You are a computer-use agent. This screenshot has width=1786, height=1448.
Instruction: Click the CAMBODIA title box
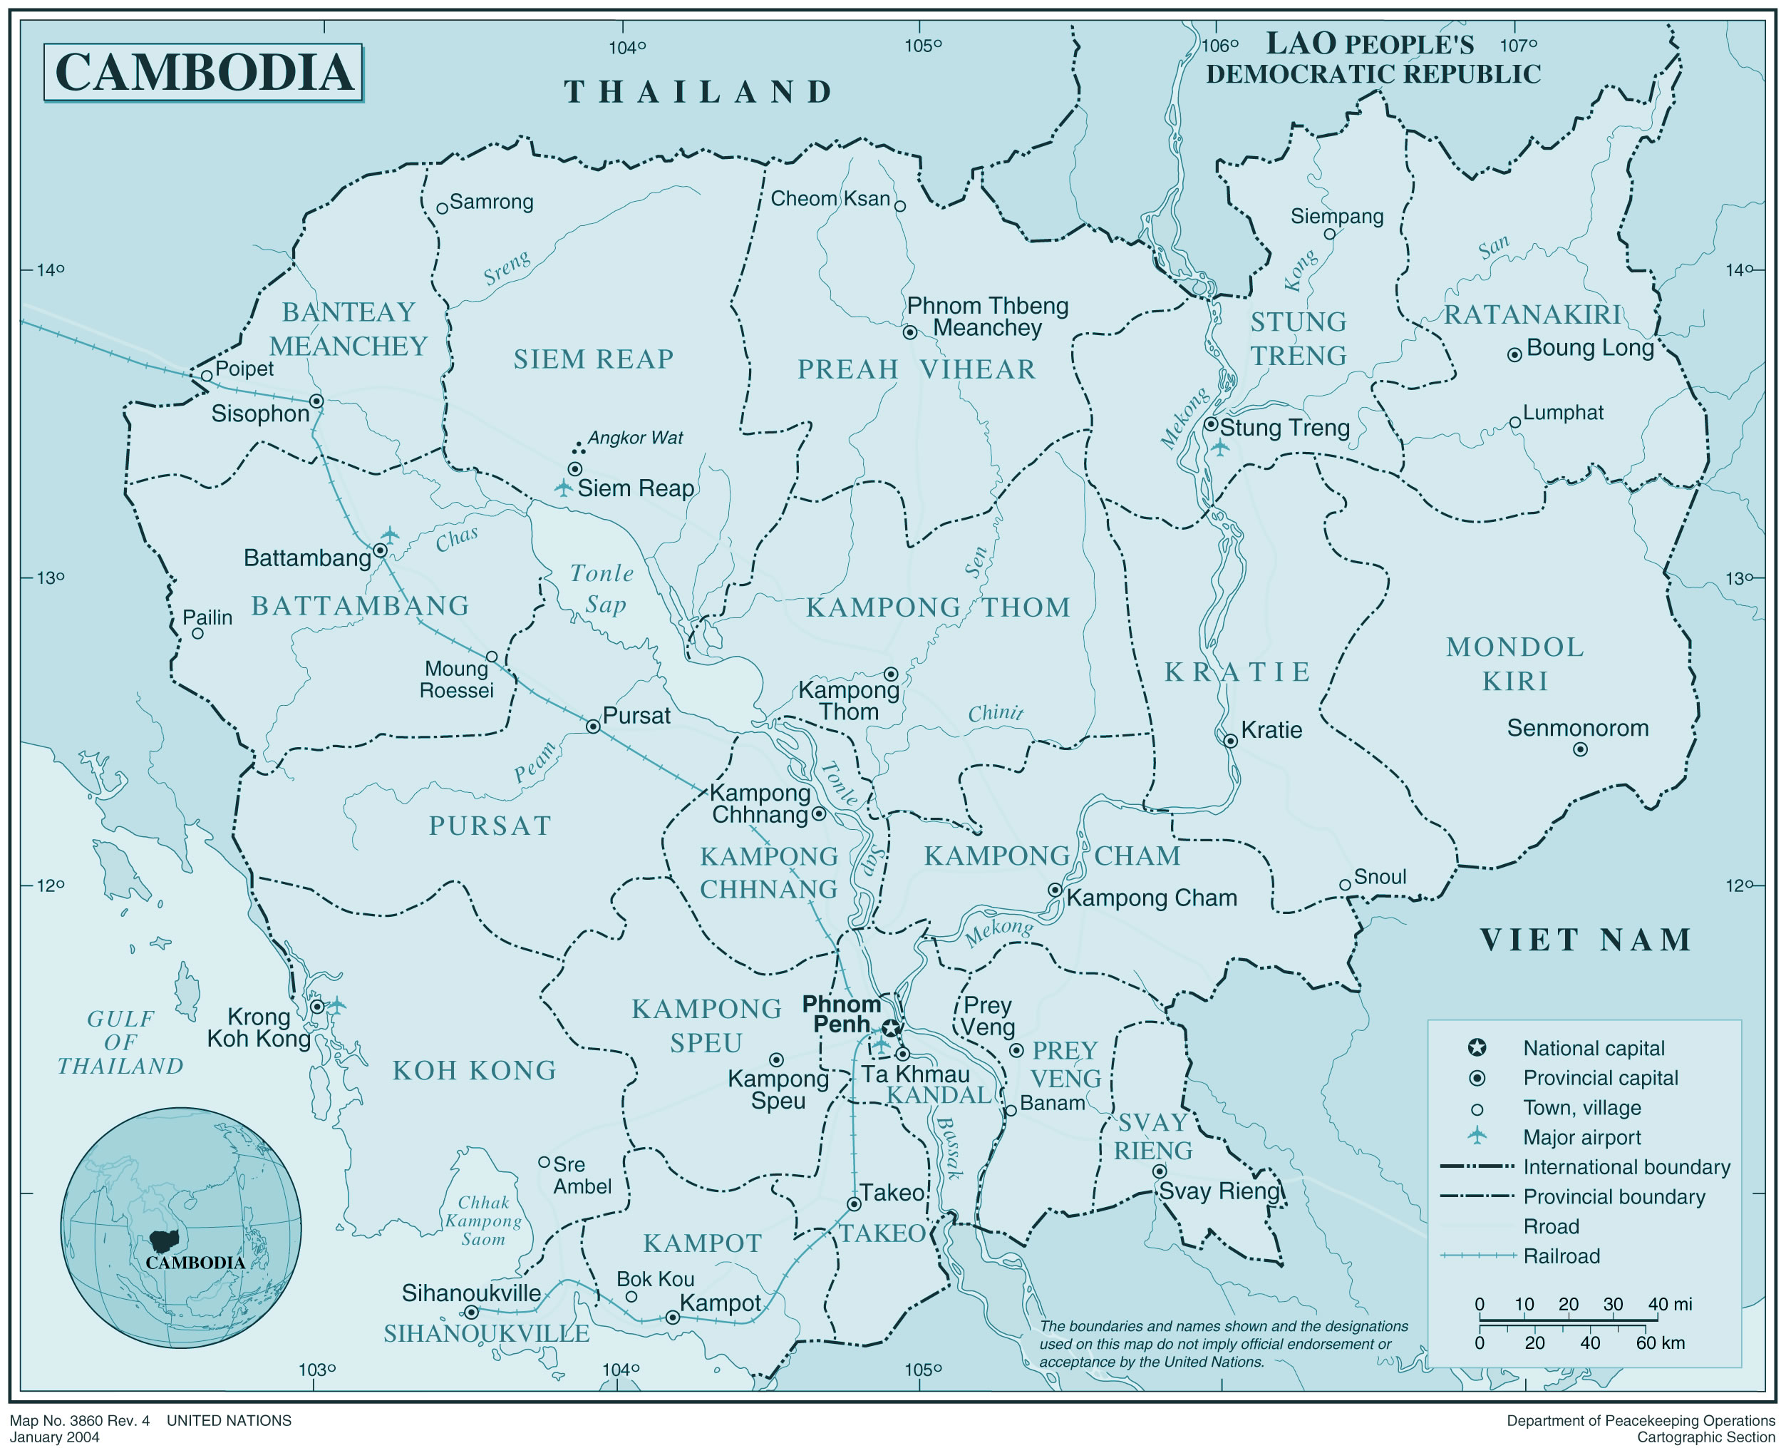202,73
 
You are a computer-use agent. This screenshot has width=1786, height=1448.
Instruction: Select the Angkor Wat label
634,438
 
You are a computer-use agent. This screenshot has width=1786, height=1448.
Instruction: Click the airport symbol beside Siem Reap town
564,488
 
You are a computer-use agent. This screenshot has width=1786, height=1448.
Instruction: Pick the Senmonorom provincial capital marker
1579,750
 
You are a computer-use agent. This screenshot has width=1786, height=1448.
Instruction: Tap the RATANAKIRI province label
1532,315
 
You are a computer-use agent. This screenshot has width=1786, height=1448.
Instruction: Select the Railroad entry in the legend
1561,1256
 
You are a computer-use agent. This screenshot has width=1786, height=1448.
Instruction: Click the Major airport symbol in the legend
1477,1135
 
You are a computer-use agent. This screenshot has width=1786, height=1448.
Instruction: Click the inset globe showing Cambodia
181,1228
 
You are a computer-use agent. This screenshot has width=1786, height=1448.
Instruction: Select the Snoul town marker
1344,885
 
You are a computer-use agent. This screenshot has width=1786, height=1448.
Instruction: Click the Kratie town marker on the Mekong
1230,741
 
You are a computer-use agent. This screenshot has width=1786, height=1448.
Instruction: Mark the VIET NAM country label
1585,940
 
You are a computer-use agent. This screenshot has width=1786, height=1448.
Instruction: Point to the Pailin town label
207,617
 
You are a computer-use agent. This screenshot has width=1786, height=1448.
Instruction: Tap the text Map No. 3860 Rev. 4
80,1420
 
